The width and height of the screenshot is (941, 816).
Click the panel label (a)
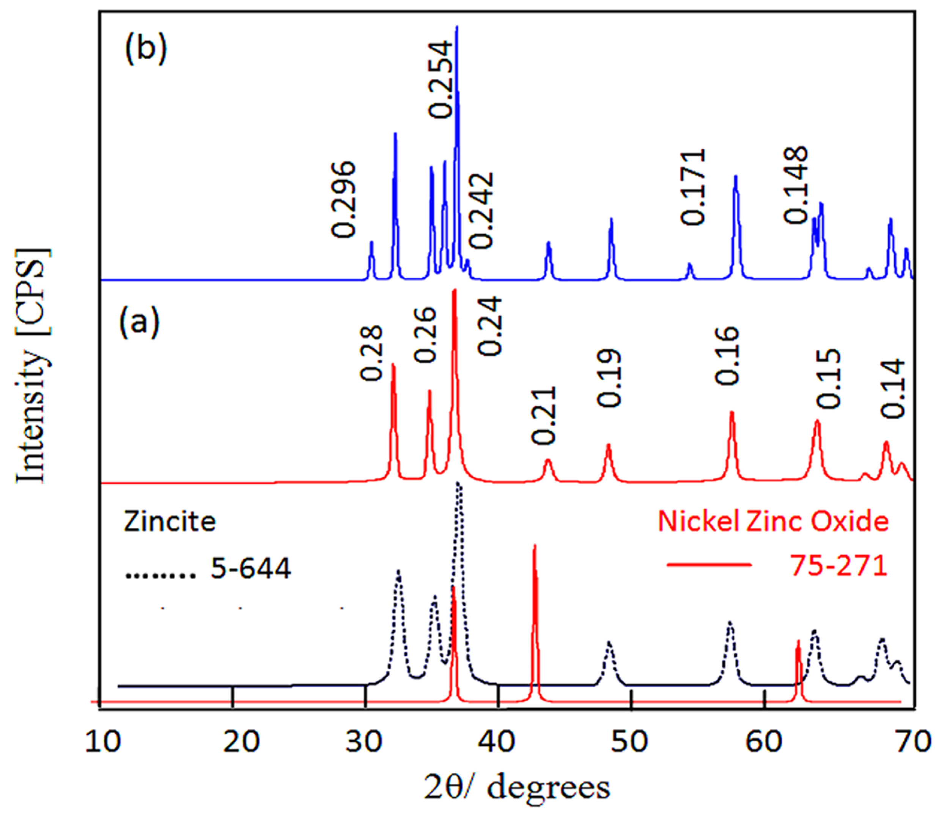(x=140, y=322)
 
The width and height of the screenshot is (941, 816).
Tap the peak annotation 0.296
(x=343, y=200)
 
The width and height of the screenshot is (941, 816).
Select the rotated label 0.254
(x=441, y=79)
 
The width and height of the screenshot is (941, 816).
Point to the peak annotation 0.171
(x=693, y=187)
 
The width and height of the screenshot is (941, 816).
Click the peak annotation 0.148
(x=796, y=185)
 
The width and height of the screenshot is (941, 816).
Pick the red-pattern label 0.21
(x=544, y=415)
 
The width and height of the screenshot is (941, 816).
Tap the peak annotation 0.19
(x=609, y=378)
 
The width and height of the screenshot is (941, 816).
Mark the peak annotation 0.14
(x=892, y=388)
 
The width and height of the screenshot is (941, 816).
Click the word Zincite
(x=169, y=522)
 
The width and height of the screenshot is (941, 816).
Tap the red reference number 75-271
(x=839, y=566)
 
